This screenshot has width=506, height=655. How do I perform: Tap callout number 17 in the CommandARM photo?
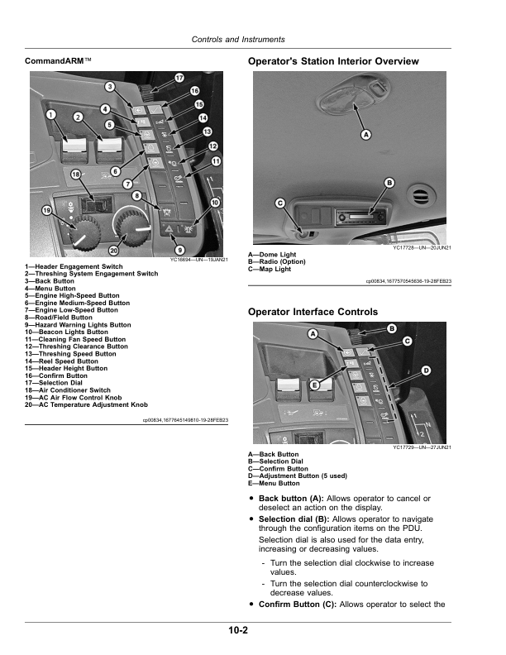point(179,77)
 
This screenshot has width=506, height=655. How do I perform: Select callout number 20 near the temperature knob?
point(113,251)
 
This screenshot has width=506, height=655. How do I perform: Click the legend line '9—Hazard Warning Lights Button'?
point(78,325)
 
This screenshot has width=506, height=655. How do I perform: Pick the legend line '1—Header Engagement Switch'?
point(74,267)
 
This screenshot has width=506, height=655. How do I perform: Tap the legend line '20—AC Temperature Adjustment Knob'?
point(86,405)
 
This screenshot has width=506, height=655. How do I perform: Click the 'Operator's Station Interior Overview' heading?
point(333,61)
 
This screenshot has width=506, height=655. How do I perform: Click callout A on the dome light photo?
point(365,134)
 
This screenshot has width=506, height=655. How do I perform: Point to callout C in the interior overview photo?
point(280,202)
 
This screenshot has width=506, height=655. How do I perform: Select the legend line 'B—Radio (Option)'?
point(277,261)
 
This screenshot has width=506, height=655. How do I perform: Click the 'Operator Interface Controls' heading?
point(313,312)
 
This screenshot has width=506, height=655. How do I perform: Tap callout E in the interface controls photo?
point(315,385)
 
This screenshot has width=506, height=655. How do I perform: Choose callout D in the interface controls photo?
point(426,369)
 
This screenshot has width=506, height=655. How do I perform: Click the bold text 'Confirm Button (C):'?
point(297,605)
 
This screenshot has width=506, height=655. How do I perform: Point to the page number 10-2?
point(239,631)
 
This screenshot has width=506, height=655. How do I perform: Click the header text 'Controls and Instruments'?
point(238,39)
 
